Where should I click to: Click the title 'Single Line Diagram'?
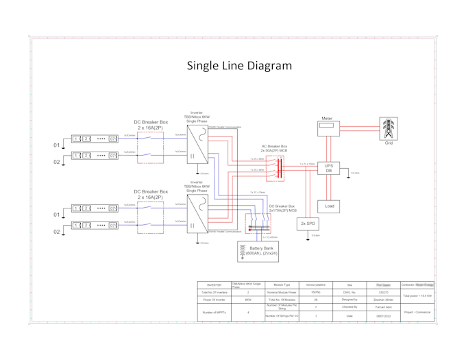coord(239,66)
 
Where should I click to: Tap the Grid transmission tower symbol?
coord(389,128)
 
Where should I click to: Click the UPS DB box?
coord(328,167)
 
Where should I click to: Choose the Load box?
coord(328,206)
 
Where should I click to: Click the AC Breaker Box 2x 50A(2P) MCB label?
coord(275,148)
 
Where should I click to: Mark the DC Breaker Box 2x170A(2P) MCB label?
coord(282,208)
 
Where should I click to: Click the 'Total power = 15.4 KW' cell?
coord(417,296)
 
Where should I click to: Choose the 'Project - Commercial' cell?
coord(417,312)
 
